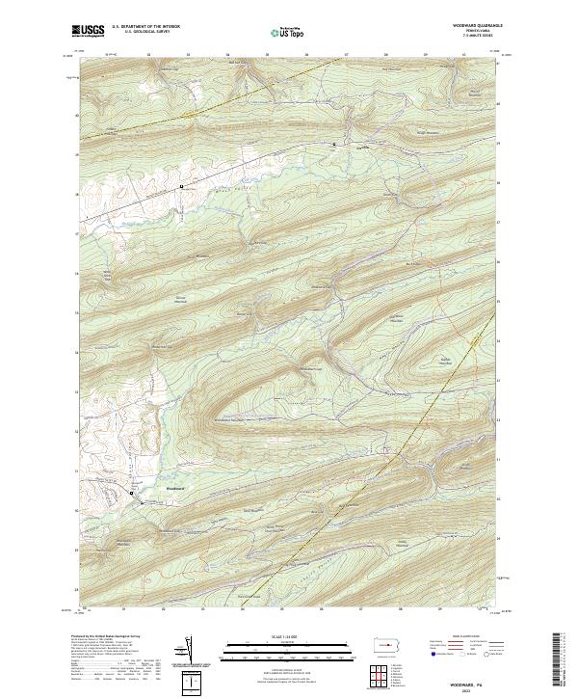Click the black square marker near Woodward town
point(132,493)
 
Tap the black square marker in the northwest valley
point(181,184)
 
